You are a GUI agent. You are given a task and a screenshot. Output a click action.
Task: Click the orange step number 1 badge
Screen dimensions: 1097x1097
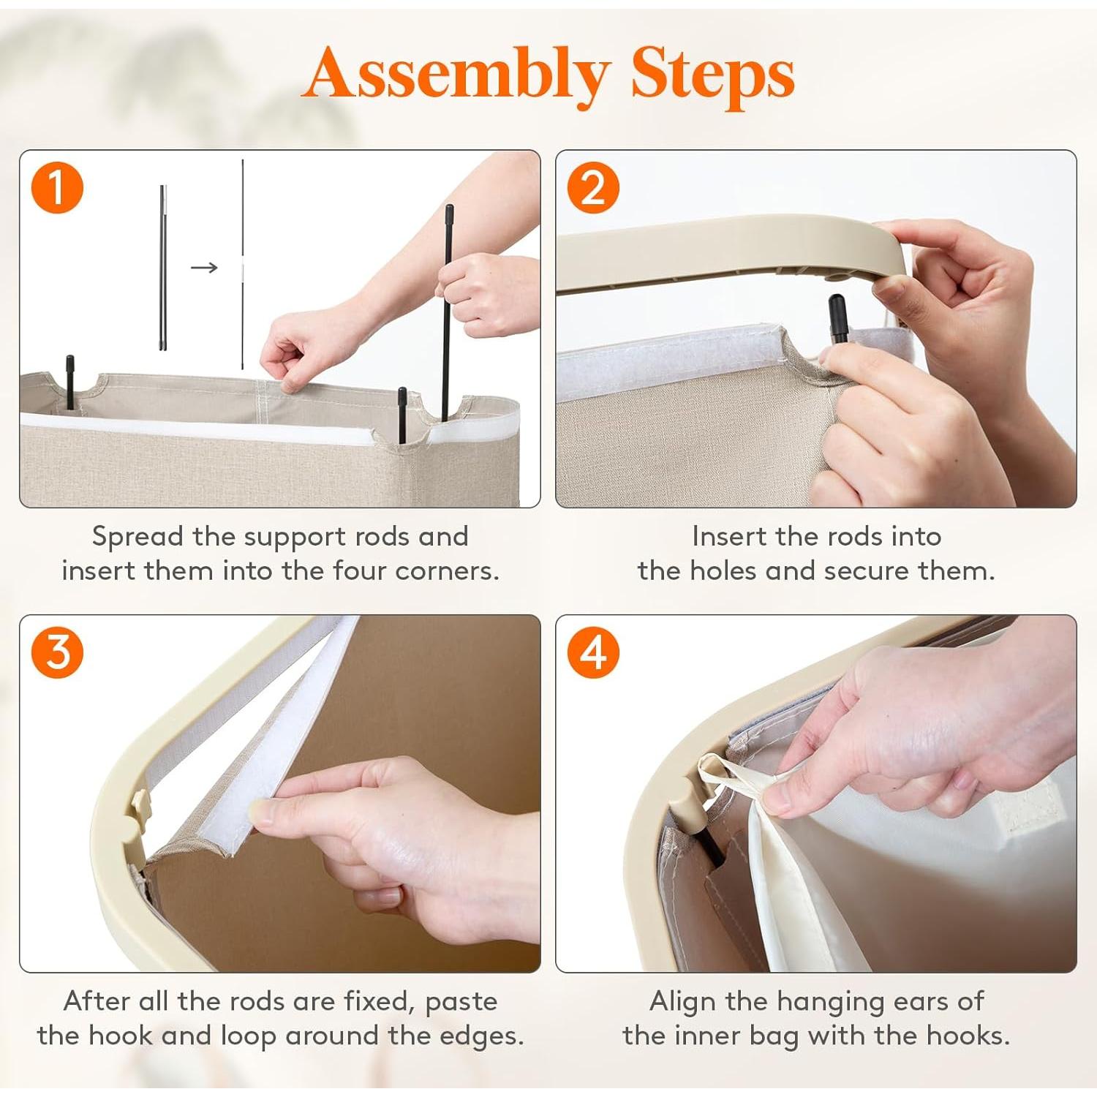pos(57,188)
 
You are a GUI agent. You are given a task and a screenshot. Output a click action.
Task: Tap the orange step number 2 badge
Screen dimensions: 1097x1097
pos(593,188)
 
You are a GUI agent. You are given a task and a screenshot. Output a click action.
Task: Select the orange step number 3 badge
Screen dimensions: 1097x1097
pos(57,652)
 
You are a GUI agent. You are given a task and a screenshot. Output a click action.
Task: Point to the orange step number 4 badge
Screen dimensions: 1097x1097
pos(593,652)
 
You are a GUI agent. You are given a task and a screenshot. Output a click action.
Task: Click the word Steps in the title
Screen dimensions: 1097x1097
pos(712,73)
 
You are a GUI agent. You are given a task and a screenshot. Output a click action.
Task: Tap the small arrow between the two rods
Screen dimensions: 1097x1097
pos(204,268)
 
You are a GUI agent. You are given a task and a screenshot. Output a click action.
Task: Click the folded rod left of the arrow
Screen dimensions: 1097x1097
pos(162,268)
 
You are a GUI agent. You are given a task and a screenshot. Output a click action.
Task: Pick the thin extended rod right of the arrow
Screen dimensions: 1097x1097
pos(243,264)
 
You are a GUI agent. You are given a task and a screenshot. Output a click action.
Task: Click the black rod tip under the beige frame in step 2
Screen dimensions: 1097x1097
pos(838,317)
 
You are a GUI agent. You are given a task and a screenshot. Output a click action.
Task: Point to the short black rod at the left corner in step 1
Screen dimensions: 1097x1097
pos(70,382)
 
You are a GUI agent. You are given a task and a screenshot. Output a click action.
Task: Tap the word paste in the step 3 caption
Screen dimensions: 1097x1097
pos(461,1002)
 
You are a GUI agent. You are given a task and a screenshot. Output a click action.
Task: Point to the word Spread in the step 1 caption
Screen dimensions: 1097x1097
pos(137,538)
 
